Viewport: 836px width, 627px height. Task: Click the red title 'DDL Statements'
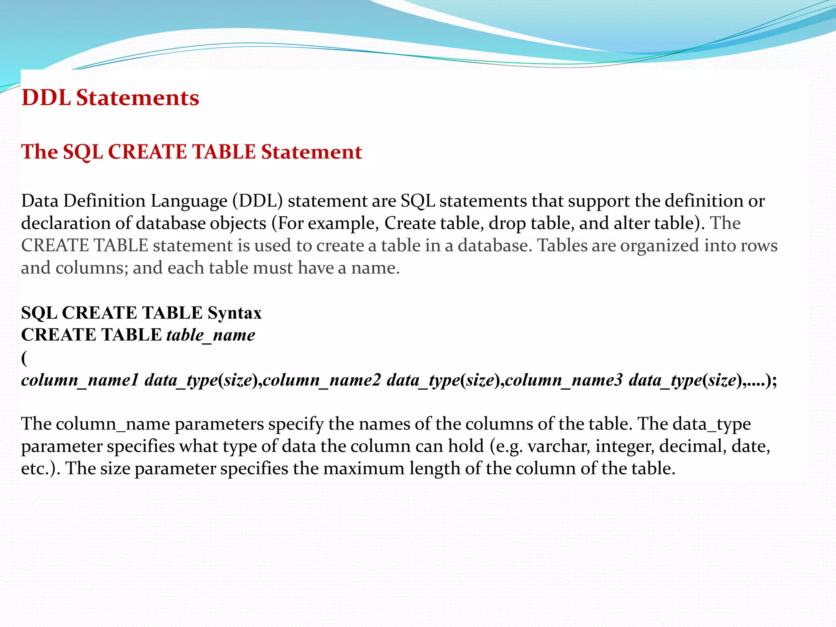110,98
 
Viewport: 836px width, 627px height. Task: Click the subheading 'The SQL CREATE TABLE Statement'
191,152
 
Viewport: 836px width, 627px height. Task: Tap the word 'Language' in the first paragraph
189,201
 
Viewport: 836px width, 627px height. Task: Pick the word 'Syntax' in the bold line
234,313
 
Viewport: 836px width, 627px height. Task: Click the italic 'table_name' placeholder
211,335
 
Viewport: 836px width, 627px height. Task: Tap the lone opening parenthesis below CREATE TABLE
24,358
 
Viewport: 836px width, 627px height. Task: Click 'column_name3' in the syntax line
564,380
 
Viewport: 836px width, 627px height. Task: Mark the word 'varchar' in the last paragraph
558,446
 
